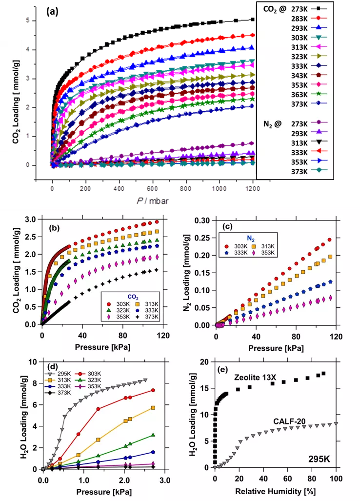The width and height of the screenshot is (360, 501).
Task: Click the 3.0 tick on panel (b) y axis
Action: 30,220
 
